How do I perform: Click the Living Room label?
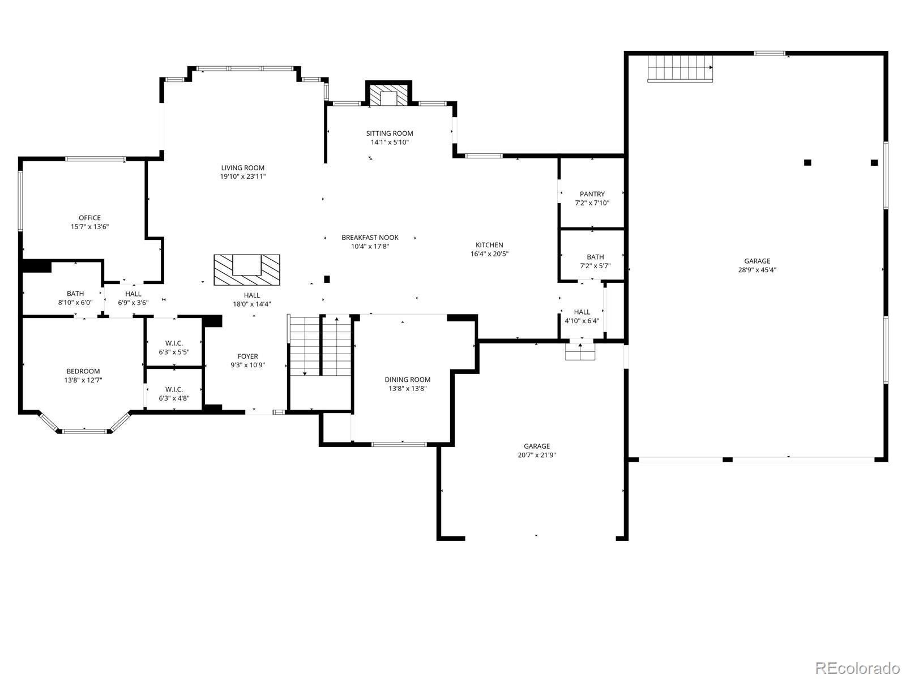click(242, 168)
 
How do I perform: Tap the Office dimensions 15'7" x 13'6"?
click(89, 226)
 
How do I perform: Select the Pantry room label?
click(592, 194)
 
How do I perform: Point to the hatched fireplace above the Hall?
click(247, 269)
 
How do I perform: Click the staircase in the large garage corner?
click(679, 68)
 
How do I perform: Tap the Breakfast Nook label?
click(370, 238)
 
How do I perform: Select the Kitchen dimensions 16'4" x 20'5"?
click(489, 254)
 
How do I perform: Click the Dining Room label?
click(407, 380)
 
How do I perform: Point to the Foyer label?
click(247, 356)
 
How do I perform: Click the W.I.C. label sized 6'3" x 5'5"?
click(174, 343)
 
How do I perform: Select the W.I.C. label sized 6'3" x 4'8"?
click(174, 389)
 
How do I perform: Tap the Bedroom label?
click(83, 371)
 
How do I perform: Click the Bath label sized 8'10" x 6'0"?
click(75, 294)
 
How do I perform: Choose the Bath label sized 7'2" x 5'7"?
click(595, 257)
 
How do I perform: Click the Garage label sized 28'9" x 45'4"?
click(757, 261)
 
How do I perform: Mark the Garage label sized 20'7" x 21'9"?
click(536, 446)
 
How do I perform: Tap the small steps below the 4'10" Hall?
click(581, 351)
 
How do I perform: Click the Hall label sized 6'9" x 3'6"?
click(133, 294)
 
